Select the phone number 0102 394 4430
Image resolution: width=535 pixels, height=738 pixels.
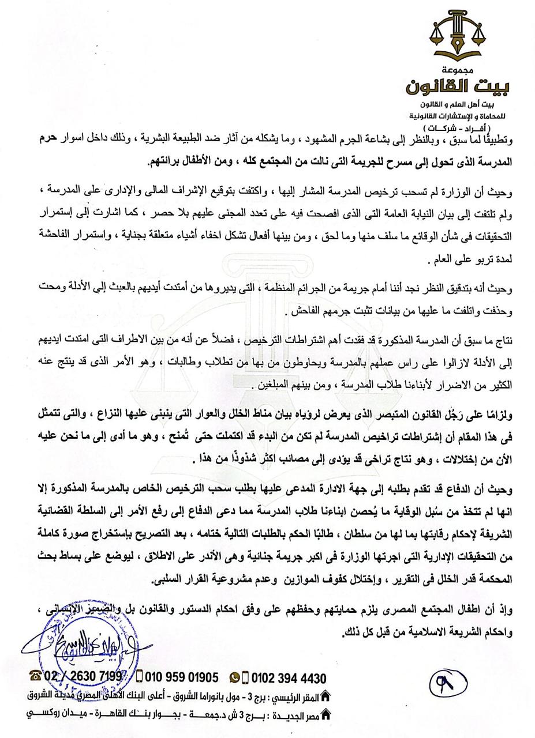tap(289, 678)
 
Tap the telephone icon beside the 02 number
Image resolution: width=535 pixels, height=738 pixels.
tap(35, 676)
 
